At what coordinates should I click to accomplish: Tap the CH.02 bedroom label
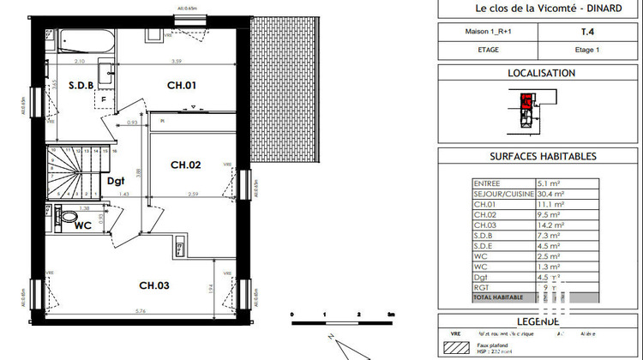[x=185, y=165]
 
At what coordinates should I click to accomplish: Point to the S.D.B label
[x=69, y=85]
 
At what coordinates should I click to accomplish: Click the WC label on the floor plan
[x=83, y=225]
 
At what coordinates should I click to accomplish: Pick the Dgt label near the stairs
[x=116, y=180]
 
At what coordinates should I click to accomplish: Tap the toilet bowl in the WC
[x=68, y=218]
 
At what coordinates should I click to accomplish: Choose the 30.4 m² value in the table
[x=550, y=194]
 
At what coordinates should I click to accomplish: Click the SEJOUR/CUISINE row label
[x=503, y=194]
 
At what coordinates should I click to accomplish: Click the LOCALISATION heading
[x=542, y=74]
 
